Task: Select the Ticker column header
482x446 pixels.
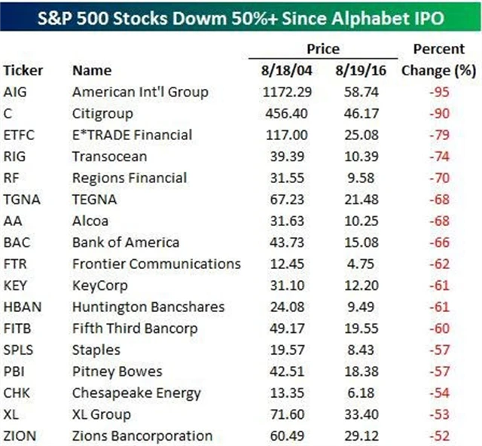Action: tap(23, 71)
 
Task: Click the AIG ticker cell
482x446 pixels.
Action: tap(15, 93)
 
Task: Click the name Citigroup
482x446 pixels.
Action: tap(103, 114)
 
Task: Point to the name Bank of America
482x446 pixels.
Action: tap(125, 243)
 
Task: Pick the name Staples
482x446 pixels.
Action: tap(96, 350)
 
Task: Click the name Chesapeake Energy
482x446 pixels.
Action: tap(136, 393)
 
